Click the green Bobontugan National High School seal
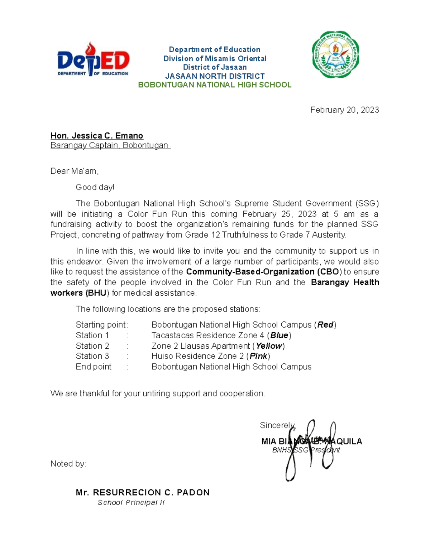(335, 54)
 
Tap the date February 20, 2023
(344, 110)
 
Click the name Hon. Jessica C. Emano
(97, 136)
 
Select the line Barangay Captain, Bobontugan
(110, 145)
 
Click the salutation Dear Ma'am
(74, 171)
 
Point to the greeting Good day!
(95, 187)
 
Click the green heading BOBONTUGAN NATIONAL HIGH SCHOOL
(215, 85)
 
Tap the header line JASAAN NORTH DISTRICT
(215, 76)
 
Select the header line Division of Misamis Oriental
(215, 58)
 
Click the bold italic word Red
(325, 325)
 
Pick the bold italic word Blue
(279, 335)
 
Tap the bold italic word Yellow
(268, 346)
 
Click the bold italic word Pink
(258, 356)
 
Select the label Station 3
(92, 356)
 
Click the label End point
(94, 367)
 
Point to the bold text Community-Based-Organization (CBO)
(263, 272)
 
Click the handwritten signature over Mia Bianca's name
(310, 448)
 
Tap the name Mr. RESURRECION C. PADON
(143, 492)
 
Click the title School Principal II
(131, 503)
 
